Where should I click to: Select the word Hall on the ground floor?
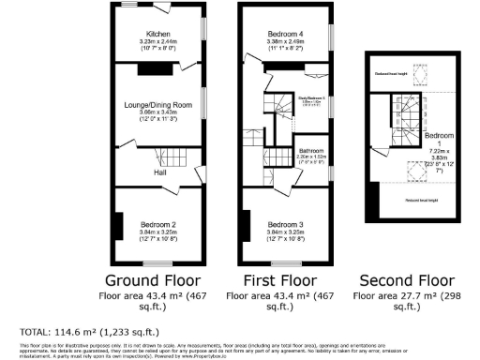(161, 172)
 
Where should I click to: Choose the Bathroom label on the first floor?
(311, 151)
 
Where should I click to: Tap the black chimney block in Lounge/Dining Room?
(150, 68)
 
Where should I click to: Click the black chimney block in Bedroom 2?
(117, 226)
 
